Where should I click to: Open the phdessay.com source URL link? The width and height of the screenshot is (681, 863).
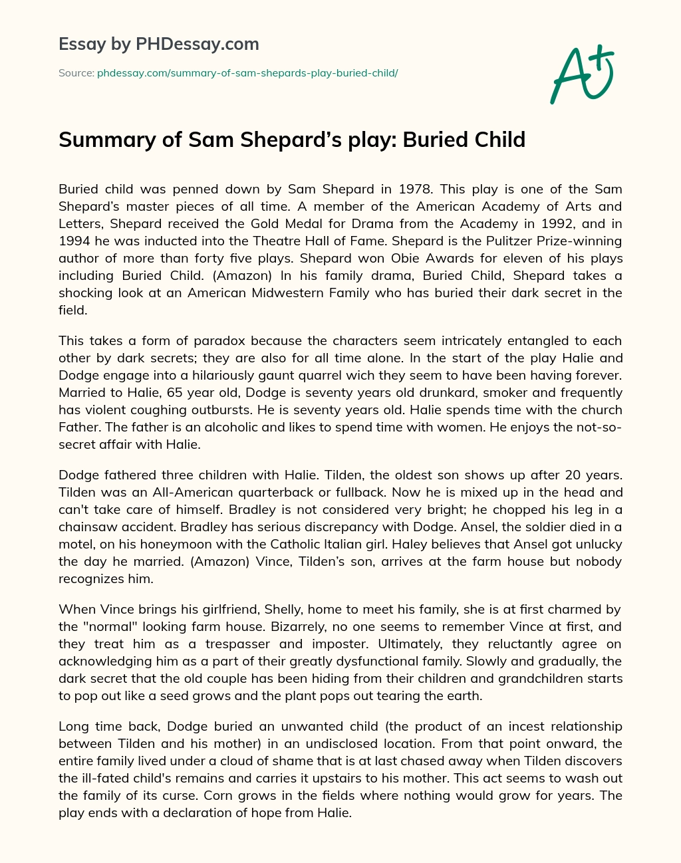click(x=247, y=73)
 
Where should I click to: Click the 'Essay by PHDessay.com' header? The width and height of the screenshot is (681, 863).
click(x=159, y=45)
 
